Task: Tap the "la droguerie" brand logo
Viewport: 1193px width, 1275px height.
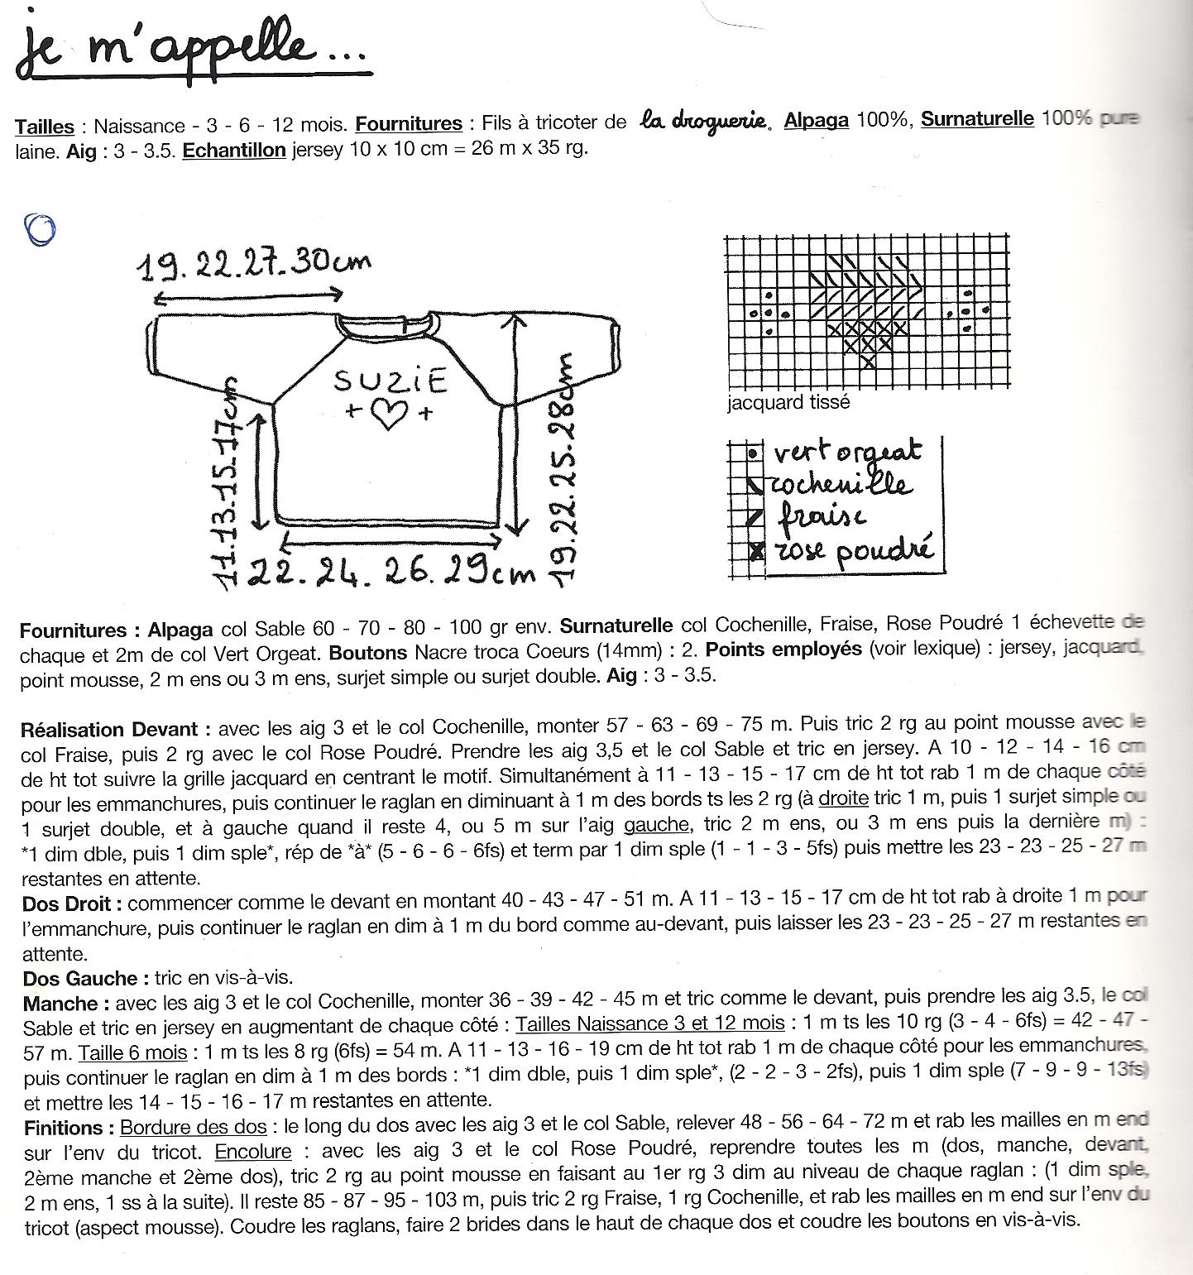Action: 707,122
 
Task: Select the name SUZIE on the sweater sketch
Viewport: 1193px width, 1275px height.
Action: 390,381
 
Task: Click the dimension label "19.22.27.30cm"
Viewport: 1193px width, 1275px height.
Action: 253,264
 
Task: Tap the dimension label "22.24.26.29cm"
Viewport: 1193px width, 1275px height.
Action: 391,570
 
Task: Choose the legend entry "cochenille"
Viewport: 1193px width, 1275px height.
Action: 840,483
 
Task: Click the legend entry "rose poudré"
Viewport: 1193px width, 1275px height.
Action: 852,549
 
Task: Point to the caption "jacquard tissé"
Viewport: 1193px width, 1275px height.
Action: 788,403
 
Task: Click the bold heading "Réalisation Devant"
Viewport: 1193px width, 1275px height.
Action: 109,729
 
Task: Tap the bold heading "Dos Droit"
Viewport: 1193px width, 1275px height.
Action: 73,904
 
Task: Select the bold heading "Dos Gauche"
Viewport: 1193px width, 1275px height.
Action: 80,979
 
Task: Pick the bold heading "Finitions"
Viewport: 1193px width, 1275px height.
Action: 64,1128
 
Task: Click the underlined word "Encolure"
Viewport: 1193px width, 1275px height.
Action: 253,1152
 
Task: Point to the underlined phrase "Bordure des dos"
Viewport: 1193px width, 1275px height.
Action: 194,1127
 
